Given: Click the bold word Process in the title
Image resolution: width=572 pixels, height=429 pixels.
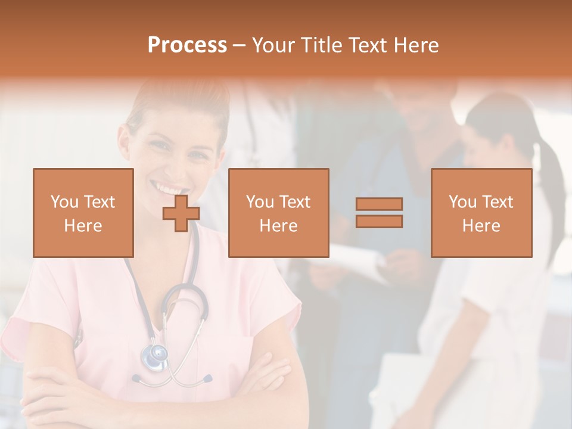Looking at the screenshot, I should tap(187, 45).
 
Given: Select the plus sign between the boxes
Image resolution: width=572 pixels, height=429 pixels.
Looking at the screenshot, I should tap(181, 213).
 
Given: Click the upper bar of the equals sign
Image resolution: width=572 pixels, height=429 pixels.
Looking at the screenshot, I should tap(379, 204).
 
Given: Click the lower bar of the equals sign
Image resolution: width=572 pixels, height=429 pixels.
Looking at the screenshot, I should tap(379, 222).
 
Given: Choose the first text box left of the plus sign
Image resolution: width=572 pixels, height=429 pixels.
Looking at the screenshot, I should tap(83, 213).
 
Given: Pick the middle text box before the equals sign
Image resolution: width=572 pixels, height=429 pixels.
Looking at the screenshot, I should tap(278, 213).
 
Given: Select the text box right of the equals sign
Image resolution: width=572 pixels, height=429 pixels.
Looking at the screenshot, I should tap(481, 213).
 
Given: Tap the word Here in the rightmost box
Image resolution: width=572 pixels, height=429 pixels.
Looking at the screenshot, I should tap(481, 226).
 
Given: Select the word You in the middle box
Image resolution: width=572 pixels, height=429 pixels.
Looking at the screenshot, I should tap(260, 202).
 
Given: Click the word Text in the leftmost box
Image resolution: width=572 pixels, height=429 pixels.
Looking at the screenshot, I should tap(99, 202).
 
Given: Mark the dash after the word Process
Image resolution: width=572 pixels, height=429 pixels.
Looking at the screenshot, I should tap(240, 46).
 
